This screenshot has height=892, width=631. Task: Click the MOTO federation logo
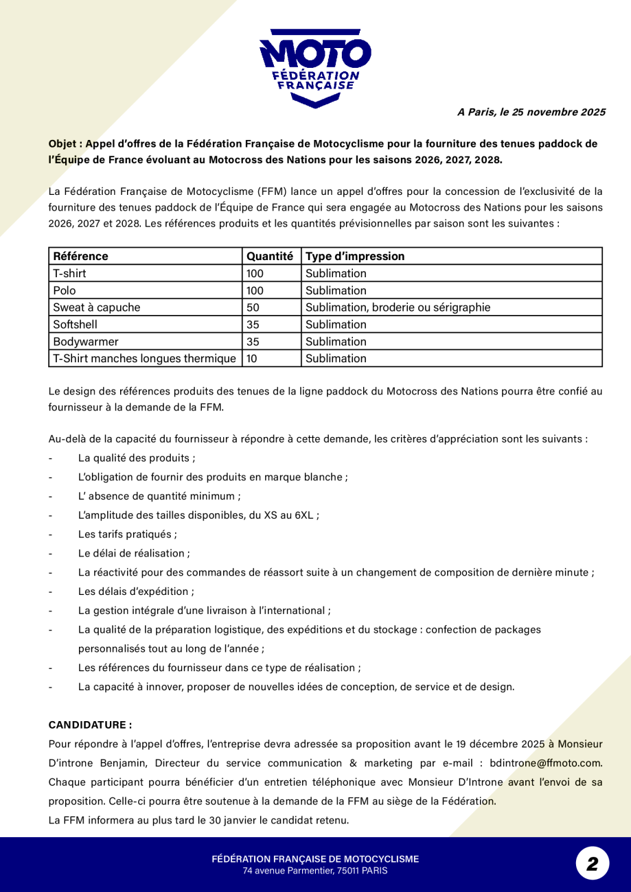[x=315, y=67]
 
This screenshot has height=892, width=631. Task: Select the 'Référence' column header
[x=81, y=257]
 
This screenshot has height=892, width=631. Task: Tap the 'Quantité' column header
[x=270, y=257]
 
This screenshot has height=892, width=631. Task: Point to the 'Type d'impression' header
[x=355, y=257]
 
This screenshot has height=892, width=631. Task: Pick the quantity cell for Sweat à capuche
[x=253, y=307]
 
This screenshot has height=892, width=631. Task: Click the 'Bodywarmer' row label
[x=86, y=341]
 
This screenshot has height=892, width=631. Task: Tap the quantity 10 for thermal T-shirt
[x=252, y=358]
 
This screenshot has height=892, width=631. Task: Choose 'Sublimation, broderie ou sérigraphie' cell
[x=398, y=307]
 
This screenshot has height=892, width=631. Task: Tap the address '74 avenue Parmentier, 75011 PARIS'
[x=315, y=871]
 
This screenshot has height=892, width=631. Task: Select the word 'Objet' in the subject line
[x=62, y=144]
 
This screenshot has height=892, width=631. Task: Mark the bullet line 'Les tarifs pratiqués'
[x=127, y=534]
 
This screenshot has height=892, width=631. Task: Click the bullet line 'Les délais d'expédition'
[x=135, y=591]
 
